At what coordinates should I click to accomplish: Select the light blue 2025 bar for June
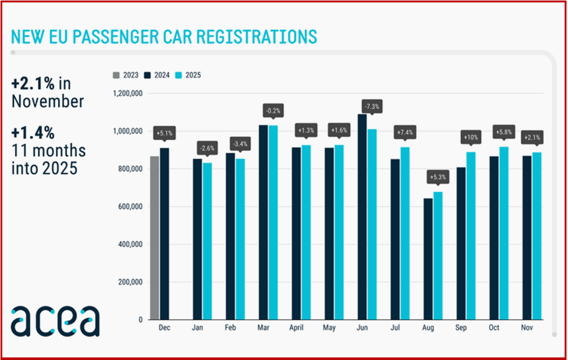pos(372,224)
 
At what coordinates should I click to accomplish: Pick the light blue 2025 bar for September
pos(471,236)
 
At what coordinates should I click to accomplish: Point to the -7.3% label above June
pos(372,107)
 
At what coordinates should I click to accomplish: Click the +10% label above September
pos(470,137)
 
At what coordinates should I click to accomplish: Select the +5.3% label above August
pos(437,177)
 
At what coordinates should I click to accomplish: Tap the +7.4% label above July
pos(405,132)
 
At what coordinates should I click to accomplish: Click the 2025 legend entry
pos(188,75)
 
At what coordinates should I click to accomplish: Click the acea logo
pos(55,320)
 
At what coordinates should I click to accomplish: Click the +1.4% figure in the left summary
pos(32,132)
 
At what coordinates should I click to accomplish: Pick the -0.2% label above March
pos(273,111)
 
